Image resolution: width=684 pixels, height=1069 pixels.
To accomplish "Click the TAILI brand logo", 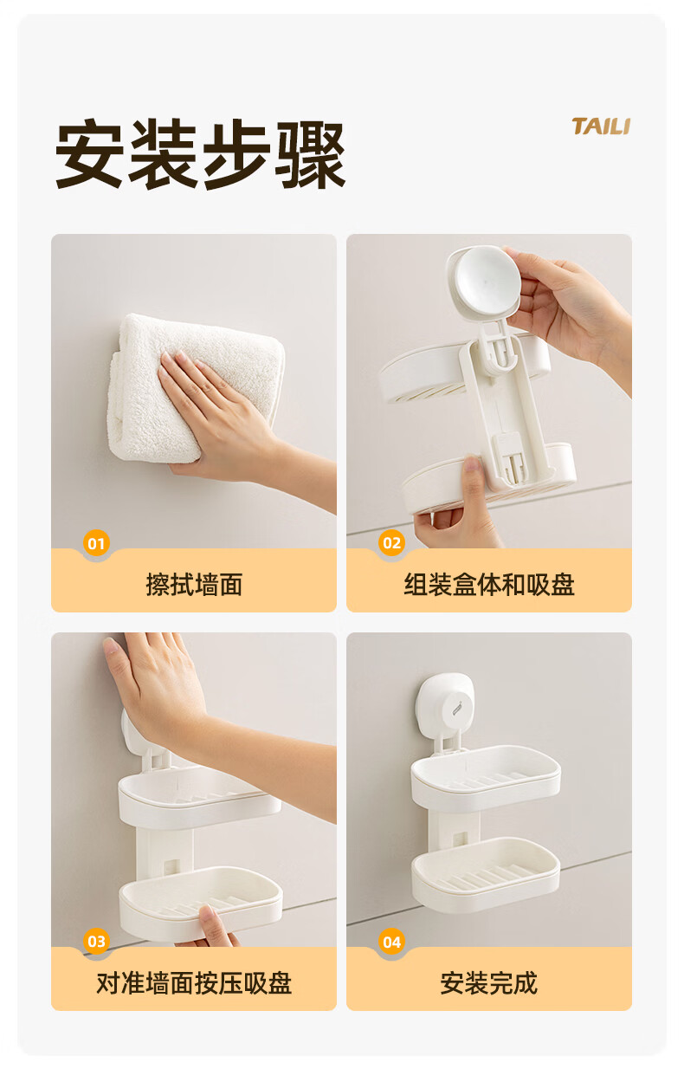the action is (601, 126).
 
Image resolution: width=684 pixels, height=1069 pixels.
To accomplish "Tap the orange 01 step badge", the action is (96, 543).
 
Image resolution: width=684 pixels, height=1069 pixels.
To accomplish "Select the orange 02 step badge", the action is (391, 543).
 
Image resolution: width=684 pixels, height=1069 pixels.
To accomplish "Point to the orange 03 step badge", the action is (96, 942).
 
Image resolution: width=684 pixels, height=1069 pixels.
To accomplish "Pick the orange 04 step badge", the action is (391, 942).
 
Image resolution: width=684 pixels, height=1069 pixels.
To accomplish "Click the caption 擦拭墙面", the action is (194, 584).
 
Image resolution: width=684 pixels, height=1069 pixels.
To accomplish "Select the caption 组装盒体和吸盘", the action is (489, 584).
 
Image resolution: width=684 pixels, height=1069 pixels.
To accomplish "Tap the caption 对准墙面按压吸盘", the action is (194, 983).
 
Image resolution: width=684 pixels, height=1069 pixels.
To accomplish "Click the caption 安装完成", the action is (489, 983).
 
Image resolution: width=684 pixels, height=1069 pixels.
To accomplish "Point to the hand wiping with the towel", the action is (238, 424).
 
